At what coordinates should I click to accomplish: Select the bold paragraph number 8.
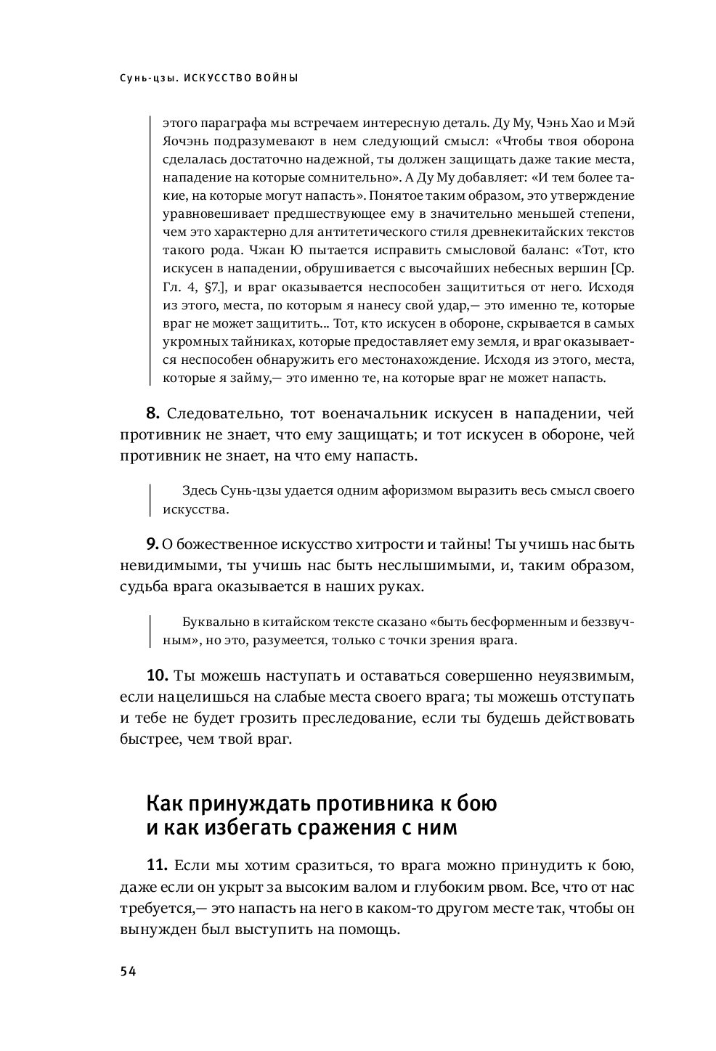[152, 414]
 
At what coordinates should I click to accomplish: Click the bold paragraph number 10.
[157, 675]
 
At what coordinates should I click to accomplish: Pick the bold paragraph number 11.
[157, 865]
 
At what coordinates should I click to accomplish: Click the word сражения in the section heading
[325, 827]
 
